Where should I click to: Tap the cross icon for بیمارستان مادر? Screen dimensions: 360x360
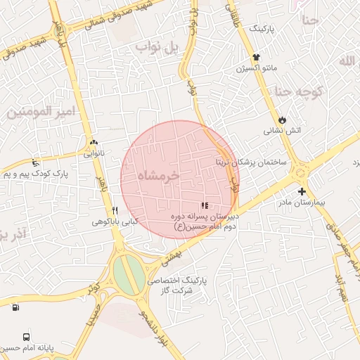coord(302,191)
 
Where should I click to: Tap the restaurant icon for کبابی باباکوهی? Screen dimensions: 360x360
coord(115,210)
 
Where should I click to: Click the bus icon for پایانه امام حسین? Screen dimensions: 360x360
coord(26,337)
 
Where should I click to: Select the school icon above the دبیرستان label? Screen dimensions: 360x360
coord(205,205)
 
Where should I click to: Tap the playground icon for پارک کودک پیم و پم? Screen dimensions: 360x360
coord(35,163)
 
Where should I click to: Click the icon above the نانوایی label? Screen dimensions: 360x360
coord(92,141)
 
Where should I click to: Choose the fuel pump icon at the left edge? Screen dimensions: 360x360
coord(15,307)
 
